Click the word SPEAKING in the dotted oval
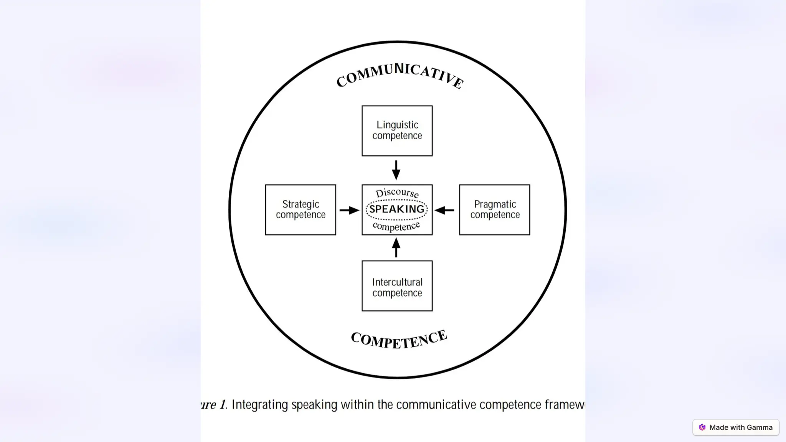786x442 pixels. click(397, 209)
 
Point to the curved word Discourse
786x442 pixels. click(397, 193)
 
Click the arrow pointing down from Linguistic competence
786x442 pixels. click(396, 170)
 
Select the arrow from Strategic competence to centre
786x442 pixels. click(349, 210)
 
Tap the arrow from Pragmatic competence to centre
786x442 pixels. click(444, 210)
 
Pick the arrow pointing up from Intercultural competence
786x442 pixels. click(396, 247)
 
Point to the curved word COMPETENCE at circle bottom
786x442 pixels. click(399, 340)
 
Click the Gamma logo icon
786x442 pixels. click(702, 427)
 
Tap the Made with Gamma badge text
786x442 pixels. click(741, 427)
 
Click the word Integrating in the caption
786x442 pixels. click(259, 405)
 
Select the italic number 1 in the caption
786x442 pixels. click(222, 405)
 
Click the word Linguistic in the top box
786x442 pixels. click(397, 125)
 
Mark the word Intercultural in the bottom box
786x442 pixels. click(397, 282)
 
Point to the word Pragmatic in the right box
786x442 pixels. click(495, 204)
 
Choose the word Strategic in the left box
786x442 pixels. click(301, 204)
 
